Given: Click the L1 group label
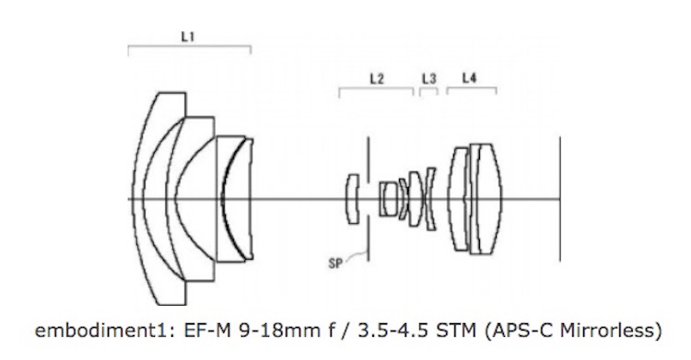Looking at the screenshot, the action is pos(188,37).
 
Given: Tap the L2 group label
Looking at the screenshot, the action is pos(377,79).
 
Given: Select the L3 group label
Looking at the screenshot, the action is pos(429,79).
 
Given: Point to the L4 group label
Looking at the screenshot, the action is pos(469,78).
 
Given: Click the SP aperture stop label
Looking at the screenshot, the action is pos(335,263).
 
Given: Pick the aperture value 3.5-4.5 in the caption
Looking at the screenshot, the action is pos(392,330).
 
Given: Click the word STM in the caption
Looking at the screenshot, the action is pos(456,330).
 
